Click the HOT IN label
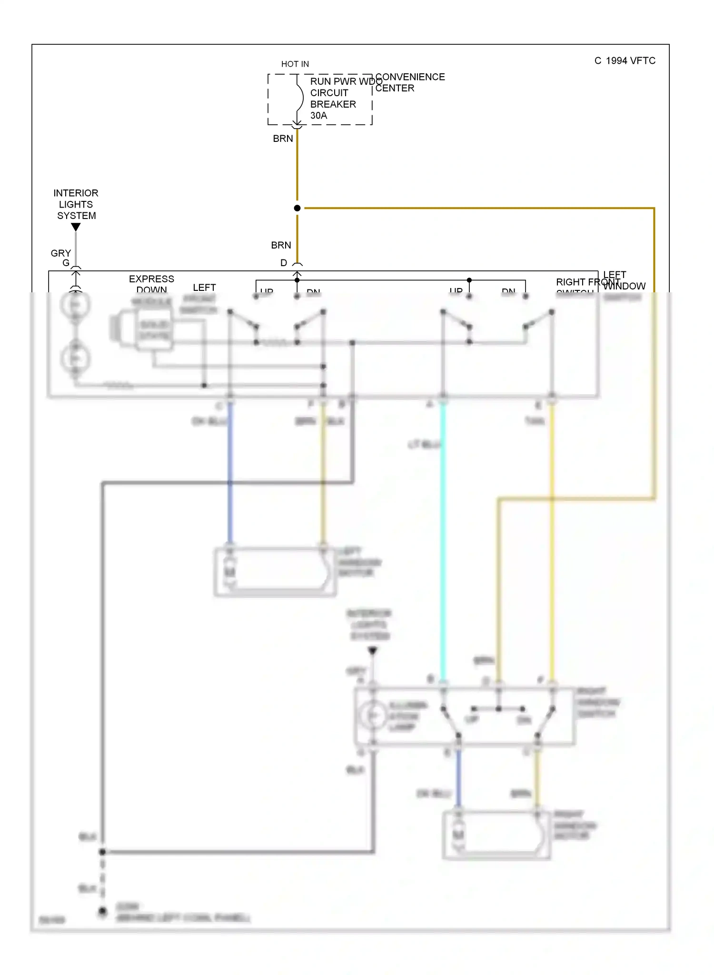pos(295,64)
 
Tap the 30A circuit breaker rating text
pos(318,116)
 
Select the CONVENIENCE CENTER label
pos(409,82)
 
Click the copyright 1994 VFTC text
pos(625,60)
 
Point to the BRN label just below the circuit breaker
pos(283,139)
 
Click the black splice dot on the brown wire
pos(297,208)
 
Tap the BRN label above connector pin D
pos(281,245)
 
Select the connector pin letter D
pos(284,263)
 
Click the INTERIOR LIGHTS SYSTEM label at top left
pos(76,204)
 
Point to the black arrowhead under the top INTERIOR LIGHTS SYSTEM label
pos(76,228)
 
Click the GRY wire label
pos(60,253)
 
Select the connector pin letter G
pos(66,263)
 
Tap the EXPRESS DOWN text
pos(151,284)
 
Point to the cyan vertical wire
pos(443,543)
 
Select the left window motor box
pos(275,571)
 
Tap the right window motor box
pos(496,836)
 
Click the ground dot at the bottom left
pos(102,911)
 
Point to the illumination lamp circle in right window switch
pos(373,716)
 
